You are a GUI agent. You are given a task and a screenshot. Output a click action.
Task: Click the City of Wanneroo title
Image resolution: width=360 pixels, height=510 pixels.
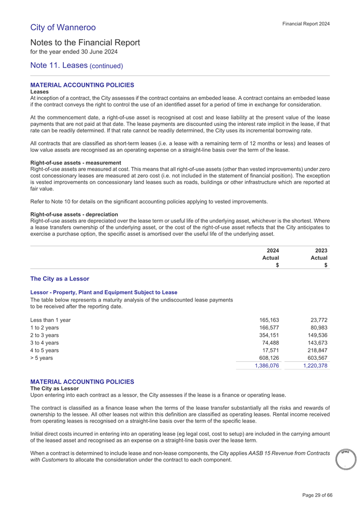(63, 27)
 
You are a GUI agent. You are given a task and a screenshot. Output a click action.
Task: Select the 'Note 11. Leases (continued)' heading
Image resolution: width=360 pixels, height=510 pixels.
(77, 66)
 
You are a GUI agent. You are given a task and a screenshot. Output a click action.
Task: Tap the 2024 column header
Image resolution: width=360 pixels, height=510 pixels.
(273, 250)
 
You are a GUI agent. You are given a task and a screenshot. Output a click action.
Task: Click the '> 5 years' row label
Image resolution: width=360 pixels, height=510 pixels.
(43, 358)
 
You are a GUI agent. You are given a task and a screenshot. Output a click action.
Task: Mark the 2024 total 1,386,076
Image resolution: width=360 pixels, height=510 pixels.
(266, 366)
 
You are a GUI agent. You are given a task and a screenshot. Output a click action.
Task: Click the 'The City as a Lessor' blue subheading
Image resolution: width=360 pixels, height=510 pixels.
(60, 279)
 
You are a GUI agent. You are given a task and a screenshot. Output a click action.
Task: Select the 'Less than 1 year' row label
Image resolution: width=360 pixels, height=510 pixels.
(51, 320)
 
